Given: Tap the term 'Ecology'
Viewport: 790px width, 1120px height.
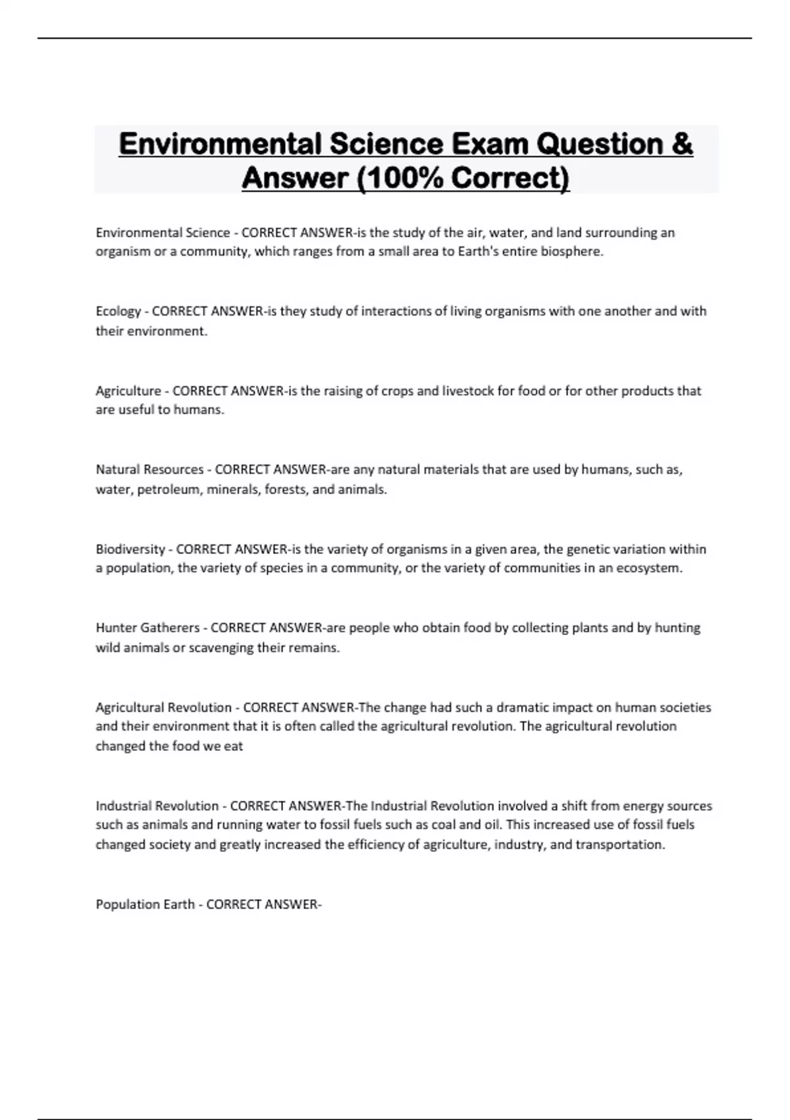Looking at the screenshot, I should point(118,312).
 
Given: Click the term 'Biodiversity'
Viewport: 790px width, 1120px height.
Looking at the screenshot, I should point(130,549).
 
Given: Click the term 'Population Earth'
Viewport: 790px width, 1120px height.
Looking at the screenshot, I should point(145,905).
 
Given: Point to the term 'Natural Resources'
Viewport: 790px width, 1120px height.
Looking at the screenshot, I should point(149,470).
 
